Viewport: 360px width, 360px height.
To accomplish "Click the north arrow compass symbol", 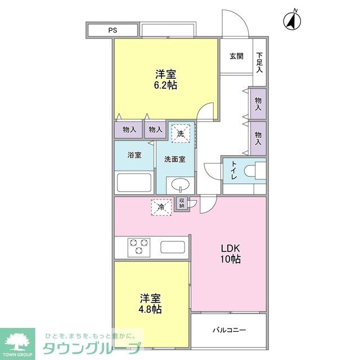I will [x=292, y=21].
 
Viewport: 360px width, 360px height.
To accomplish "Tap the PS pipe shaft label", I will [x=112, y=30].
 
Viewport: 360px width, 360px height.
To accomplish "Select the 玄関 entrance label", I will [x=236, y=56].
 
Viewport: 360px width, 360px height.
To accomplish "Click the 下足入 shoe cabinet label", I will [x=259, y=62].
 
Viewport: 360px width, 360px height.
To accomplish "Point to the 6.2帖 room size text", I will [x=165, y=85].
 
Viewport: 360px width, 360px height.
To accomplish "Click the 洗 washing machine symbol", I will [x=181, y=134].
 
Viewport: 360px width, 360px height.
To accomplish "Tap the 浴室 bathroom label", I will [x=134, y=155].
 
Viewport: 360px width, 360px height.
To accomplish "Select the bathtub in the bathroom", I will [x=134, y=183].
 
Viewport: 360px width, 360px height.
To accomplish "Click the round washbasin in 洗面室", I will [x=181, y=184].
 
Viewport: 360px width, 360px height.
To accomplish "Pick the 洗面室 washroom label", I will [x=175, y=159].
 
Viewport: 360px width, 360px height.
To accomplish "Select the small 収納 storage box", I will [x=182, y=203].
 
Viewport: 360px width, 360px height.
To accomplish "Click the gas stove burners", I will [x=139, y=247].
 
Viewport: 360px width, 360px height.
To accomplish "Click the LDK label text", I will [x=229, y=248].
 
